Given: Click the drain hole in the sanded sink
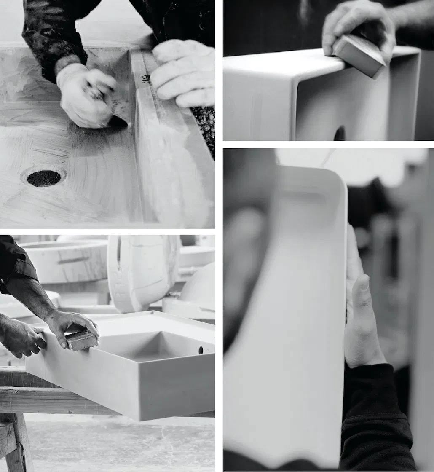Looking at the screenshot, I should (x=44, y=178).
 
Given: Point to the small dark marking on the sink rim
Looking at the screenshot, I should (x=146, y=79).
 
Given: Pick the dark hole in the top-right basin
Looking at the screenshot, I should (x=340, y=134).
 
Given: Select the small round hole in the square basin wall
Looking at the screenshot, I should (x=201, y=350).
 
